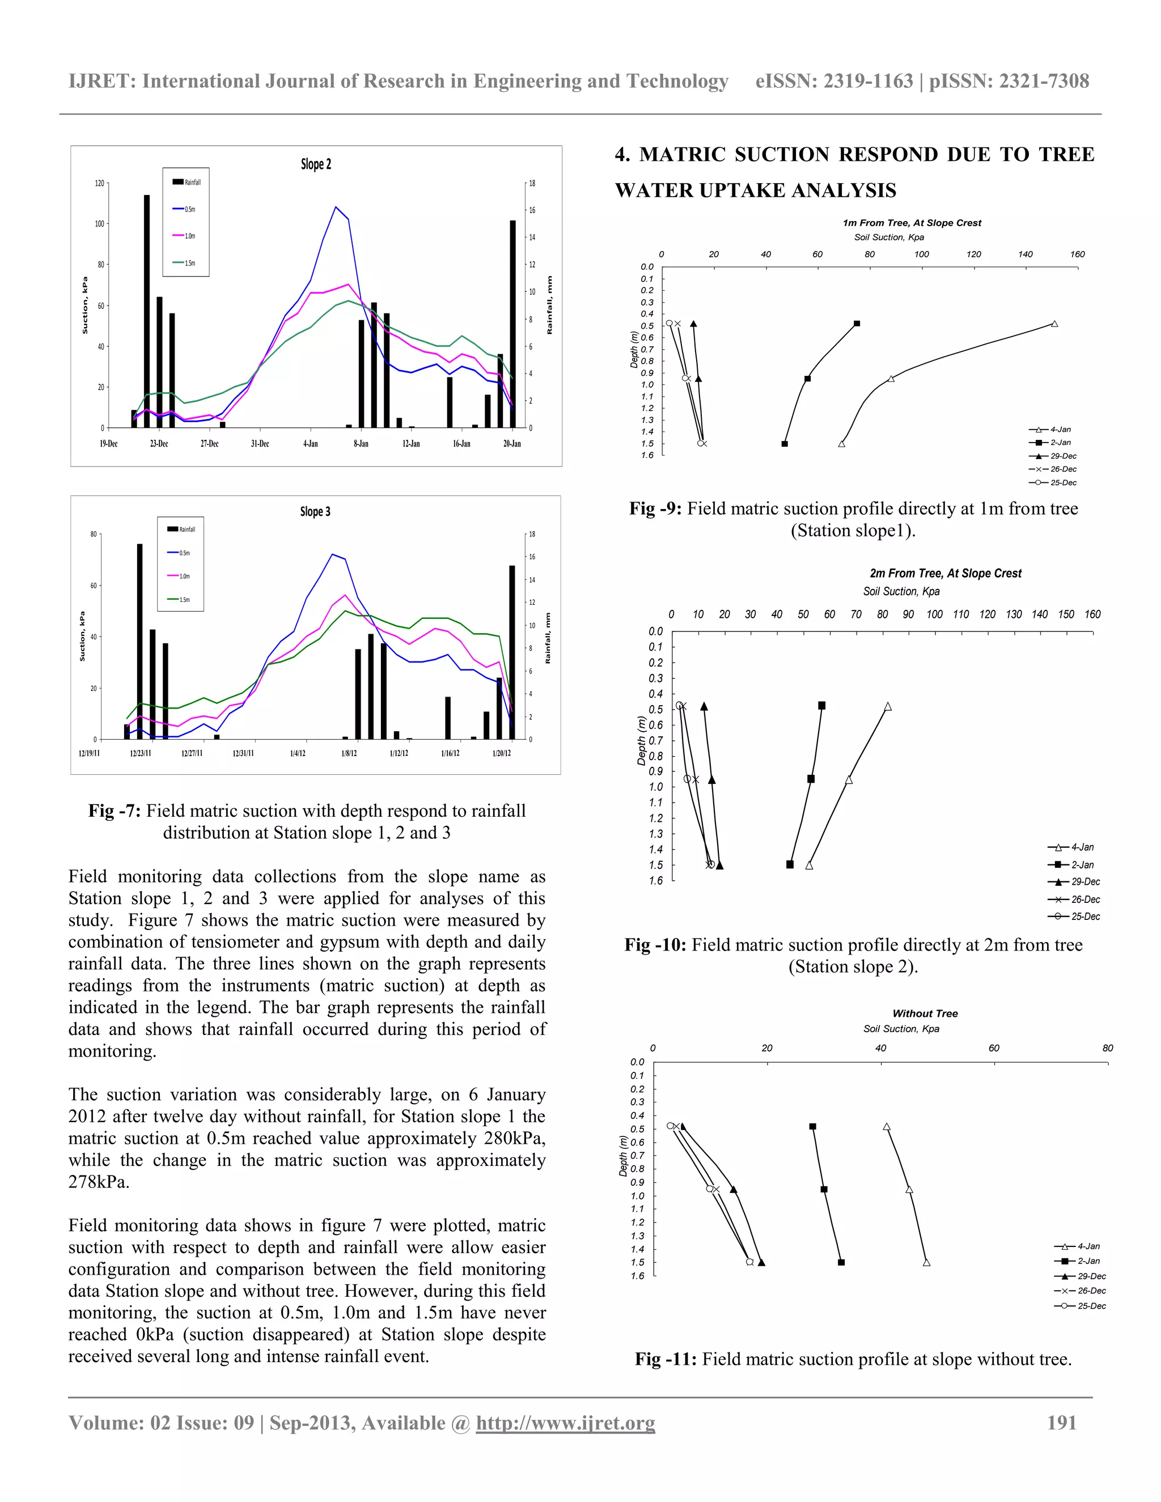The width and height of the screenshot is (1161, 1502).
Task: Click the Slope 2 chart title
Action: pos(316,164)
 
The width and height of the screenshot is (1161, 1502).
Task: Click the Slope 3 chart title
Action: pos(315,512)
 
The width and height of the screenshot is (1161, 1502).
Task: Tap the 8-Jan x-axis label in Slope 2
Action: pos(361,444)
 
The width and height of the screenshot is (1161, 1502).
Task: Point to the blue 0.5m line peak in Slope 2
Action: pos(336,207)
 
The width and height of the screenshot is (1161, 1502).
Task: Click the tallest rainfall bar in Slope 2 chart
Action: pos(146,309)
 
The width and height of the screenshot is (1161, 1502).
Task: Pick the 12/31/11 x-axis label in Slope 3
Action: pos(243,753)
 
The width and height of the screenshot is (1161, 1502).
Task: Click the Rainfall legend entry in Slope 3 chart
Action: pos(181,529)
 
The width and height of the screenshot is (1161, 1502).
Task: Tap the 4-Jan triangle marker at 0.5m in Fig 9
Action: pos(1054,324)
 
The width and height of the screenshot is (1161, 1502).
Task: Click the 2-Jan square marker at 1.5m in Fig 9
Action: pos(785,444)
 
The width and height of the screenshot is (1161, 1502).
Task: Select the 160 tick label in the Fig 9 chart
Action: pos(1077,254)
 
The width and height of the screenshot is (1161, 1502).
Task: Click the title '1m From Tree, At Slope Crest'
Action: pos(912,223)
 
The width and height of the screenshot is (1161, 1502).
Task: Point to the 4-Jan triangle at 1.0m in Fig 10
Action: pos(849,779)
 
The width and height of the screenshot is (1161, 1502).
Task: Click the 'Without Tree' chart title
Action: pos(925,1013)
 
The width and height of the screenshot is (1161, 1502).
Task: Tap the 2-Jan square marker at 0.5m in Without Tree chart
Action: pos(813,1127)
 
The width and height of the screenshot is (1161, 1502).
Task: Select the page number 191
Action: pos(1061,1423)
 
